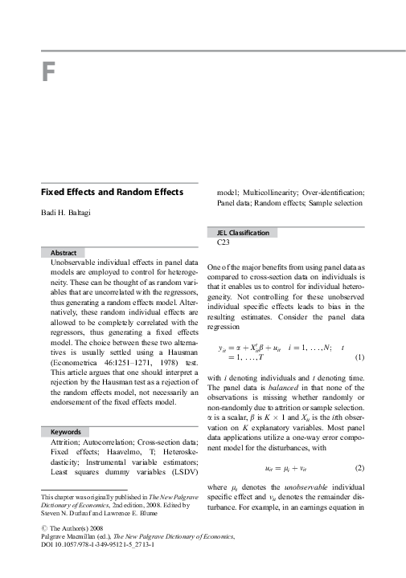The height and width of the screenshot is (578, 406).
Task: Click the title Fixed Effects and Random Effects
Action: (112, 193)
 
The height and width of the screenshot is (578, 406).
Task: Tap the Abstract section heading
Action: (64, 252)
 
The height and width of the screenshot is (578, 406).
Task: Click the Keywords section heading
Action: (66, 432)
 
